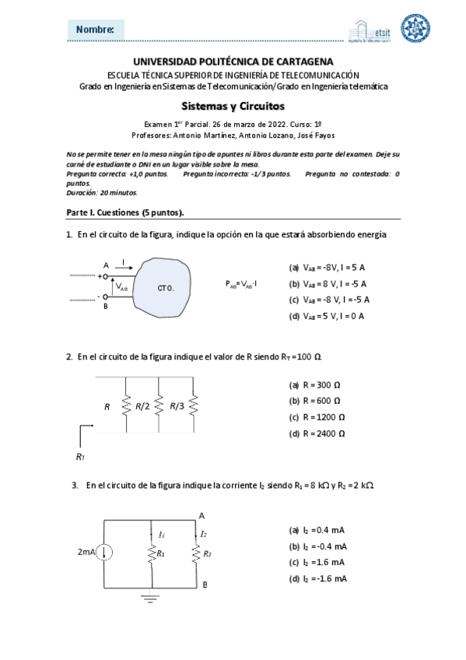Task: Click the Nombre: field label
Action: (x=96, y=30)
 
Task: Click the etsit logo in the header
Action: (x=373, y=30)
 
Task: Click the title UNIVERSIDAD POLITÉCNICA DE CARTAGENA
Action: (x=233, y=61)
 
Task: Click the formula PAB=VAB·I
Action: (x=242, y=284)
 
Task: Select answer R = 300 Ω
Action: (x=315, y=384)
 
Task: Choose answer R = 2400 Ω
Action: (x=317, y=433)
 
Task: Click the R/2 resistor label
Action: (x=143, y=405)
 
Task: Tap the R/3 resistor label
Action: (x=177, y=405)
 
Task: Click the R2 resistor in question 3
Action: (x=197, y=553)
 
